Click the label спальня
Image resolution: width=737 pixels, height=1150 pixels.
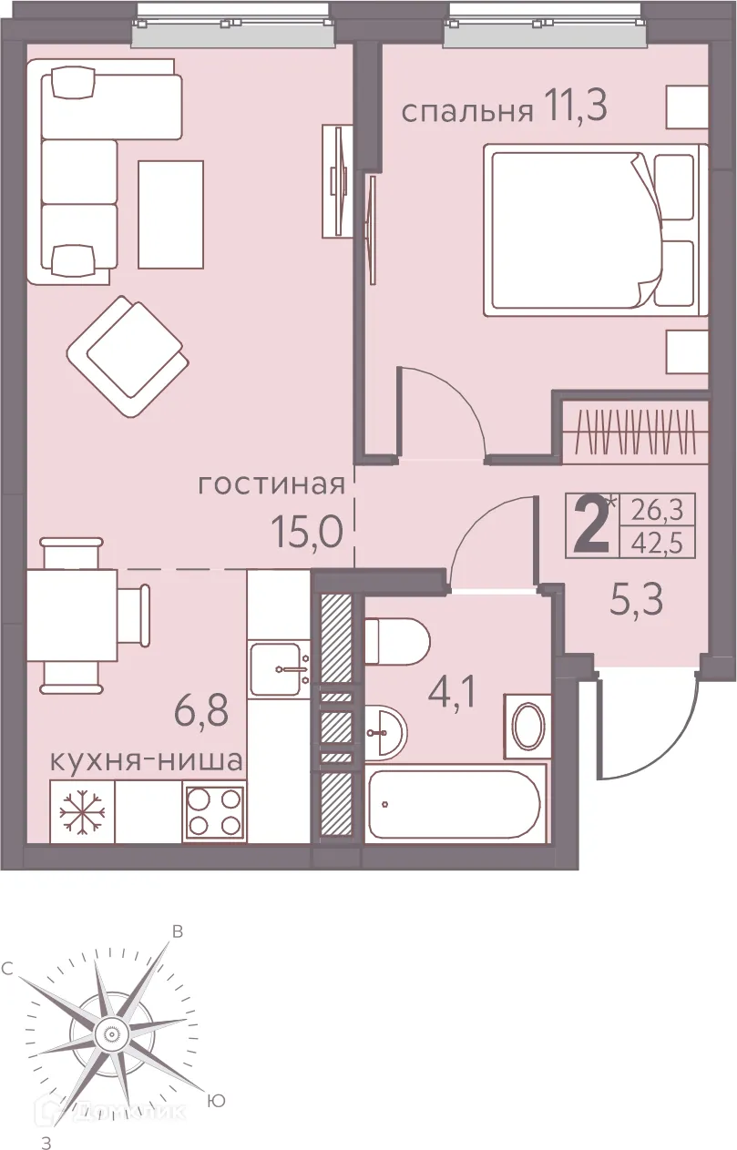tap(466, 111)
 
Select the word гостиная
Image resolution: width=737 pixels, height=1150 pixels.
tap(271, 484)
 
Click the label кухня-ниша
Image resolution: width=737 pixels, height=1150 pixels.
tap(146, 760)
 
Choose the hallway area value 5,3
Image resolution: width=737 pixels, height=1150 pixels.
tap(635, 600)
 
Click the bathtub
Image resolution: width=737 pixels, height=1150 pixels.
tap(456, 804)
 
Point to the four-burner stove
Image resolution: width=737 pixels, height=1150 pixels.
tap(214, 811)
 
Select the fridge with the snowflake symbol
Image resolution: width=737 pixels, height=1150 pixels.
tap(82, 811)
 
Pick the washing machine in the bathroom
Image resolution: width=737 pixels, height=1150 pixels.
tap(527, 726)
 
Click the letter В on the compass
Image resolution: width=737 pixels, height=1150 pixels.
tap(179, 931)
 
